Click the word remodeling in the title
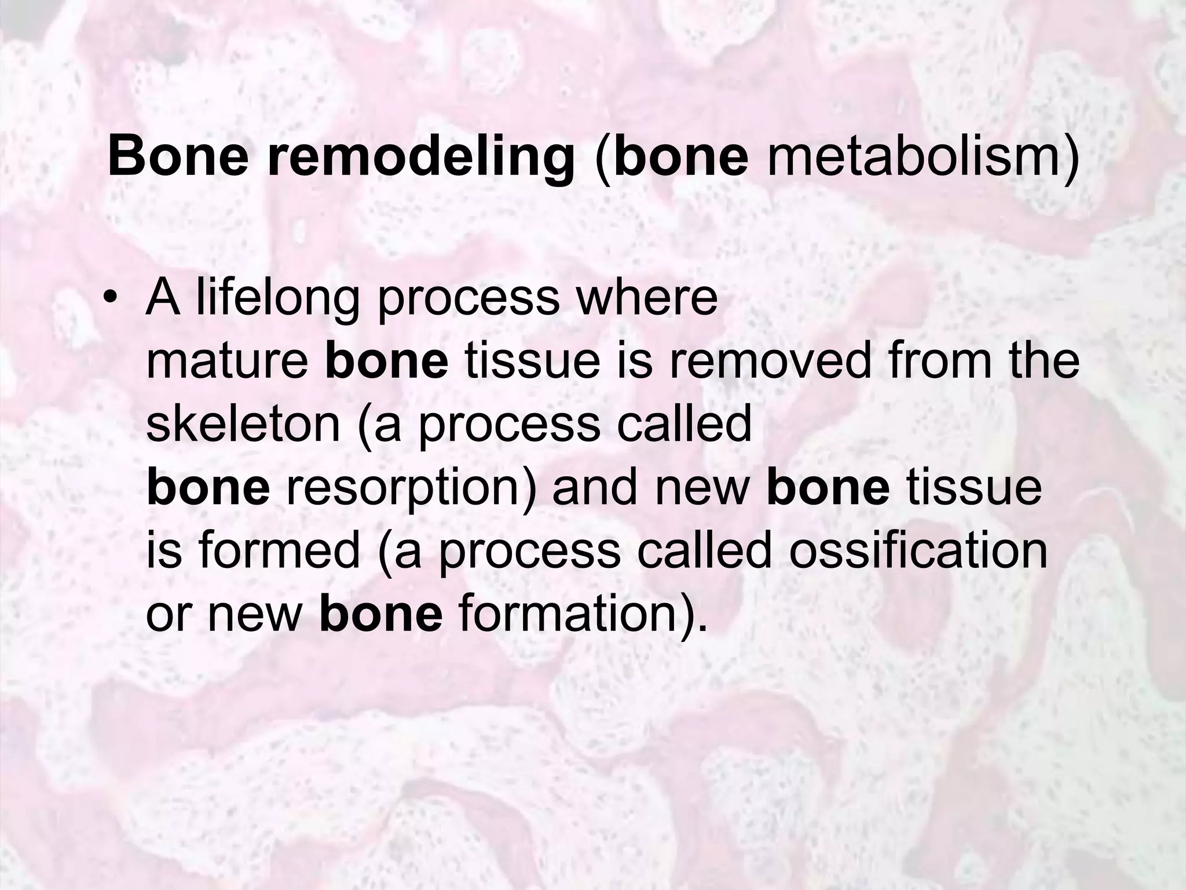(420, 156)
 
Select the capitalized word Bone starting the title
(178, 156)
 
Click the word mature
(226, 362)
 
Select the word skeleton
(242, 424)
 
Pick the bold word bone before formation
(381, 613)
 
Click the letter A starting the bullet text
(163, 299)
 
